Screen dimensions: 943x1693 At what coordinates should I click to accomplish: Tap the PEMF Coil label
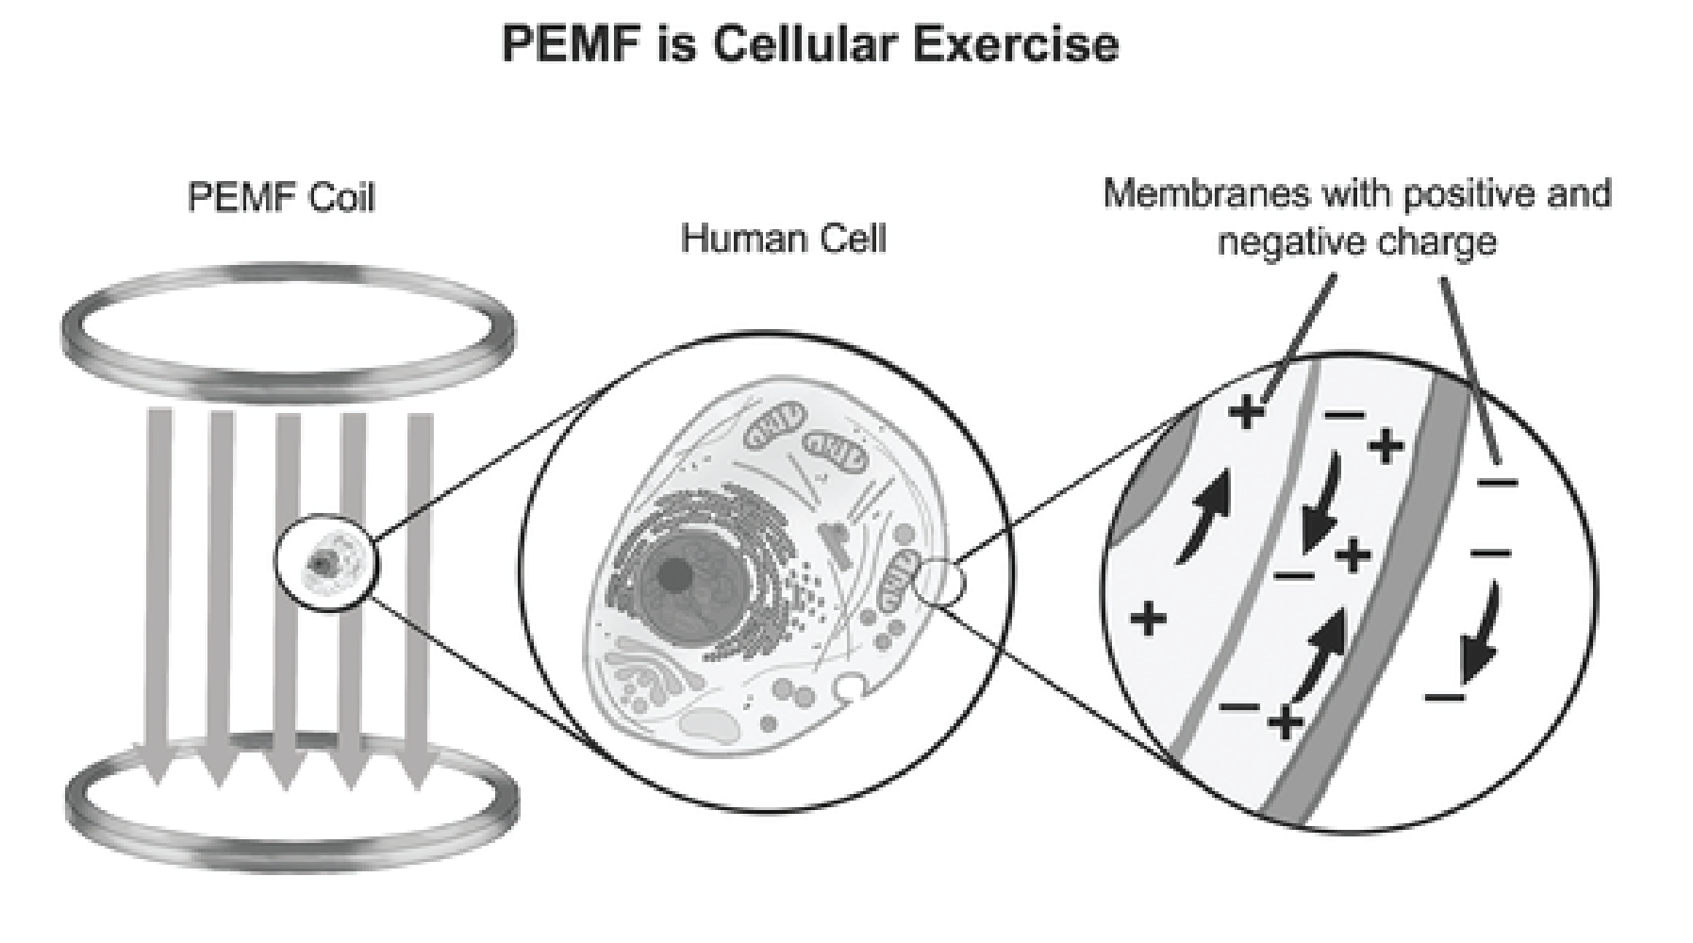coord(281,199)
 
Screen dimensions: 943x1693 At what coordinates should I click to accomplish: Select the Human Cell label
coord(784,239)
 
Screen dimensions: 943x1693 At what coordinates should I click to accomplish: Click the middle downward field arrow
coord(288,585)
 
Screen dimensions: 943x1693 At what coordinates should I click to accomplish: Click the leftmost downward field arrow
coord(158,585)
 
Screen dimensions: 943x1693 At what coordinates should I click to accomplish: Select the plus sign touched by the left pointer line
coord(1246,411)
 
